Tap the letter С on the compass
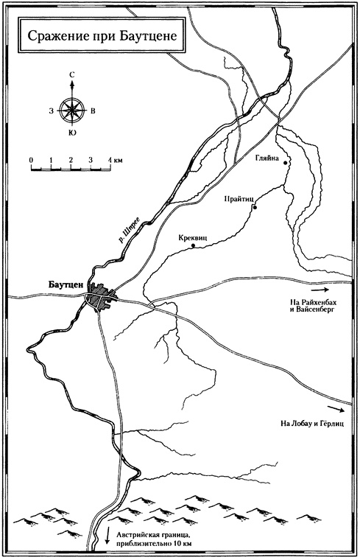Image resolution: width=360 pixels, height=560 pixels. (x=72, y=74)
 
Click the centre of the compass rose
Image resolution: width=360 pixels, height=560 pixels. (x=72, y=111)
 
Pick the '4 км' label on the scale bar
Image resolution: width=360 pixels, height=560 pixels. (x=113, y=160)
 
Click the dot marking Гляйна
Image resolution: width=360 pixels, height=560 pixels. (x=286, y=162)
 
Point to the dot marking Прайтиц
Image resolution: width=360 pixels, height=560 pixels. (x=254, y=207)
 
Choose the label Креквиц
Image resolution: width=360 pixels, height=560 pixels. (x=194, y=238)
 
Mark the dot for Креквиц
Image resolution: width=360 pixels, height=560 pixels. (x=193, y=246)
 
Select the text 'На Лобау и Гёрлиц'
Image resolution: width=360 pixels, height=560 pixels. (x=312, y=424)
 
